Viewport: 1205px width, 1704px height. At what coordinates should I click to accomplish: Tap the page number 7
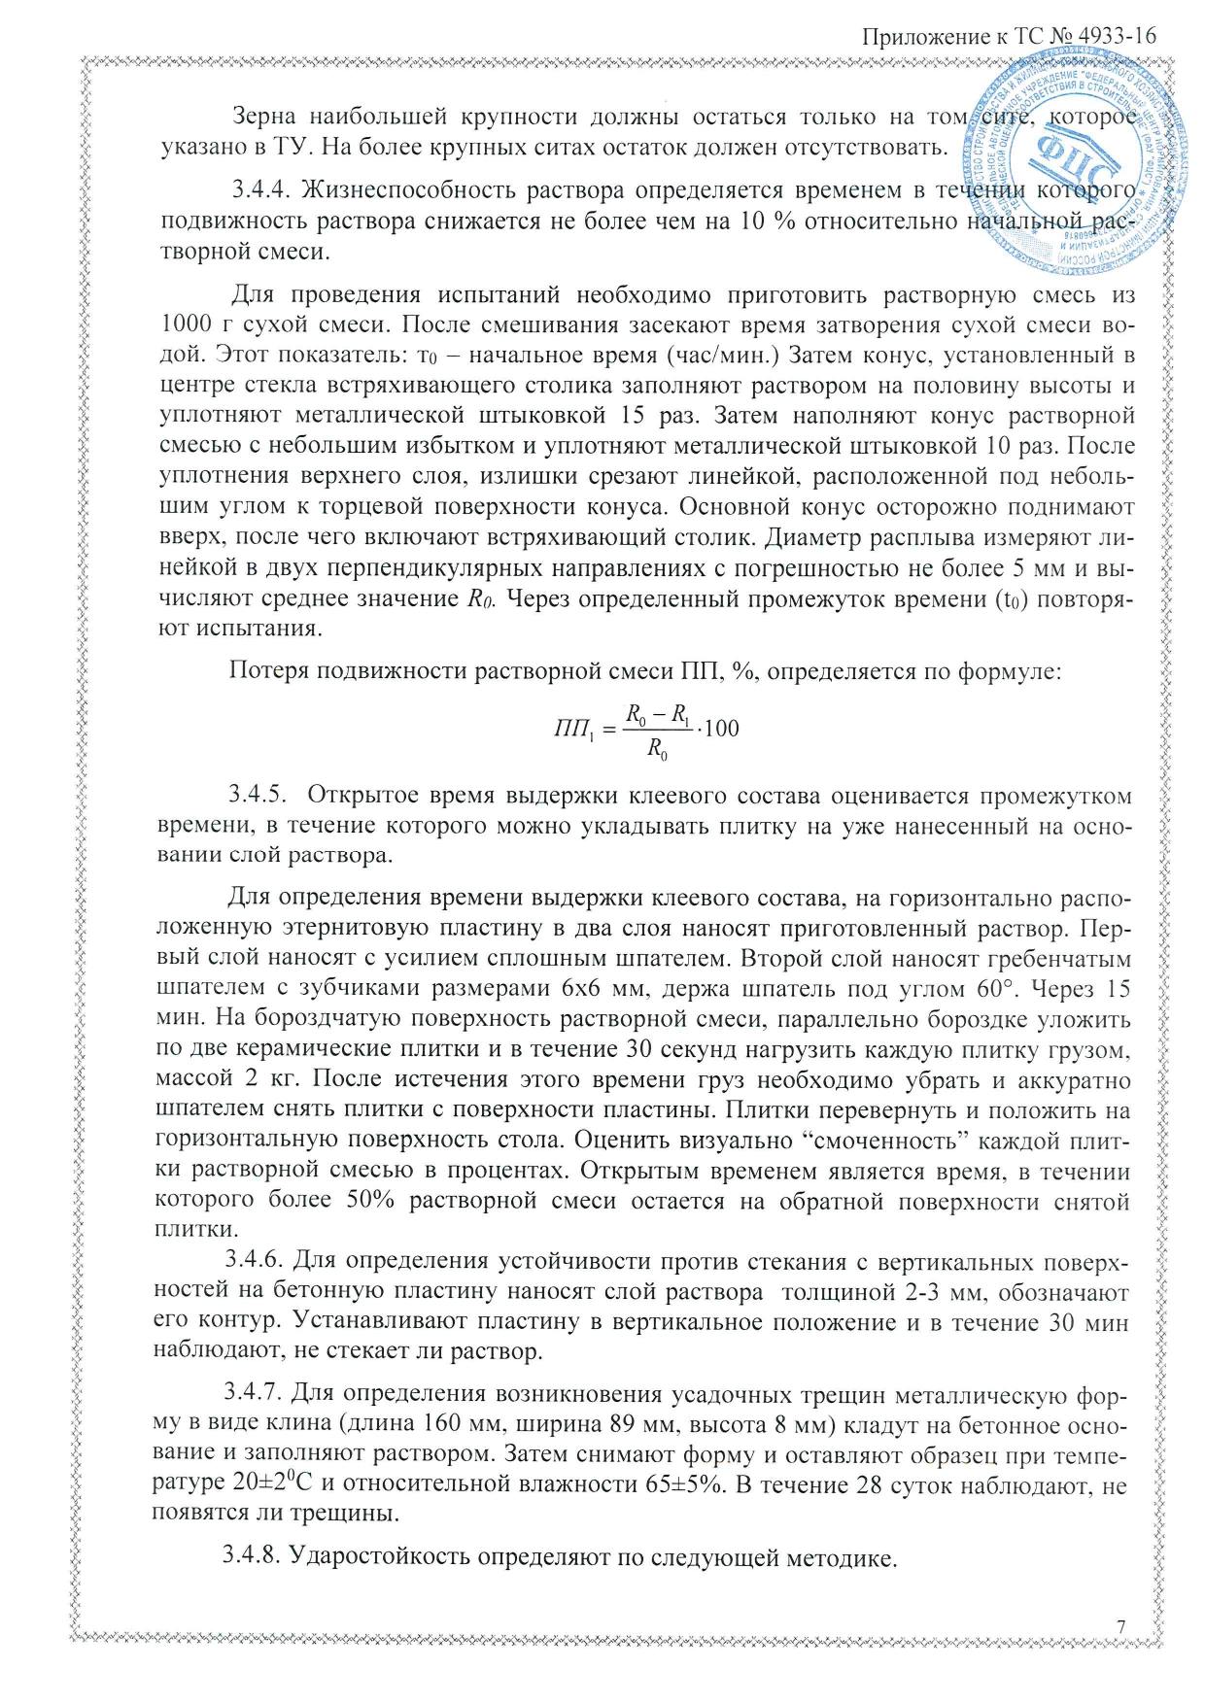pyautogui.click(x=1121, y=1626)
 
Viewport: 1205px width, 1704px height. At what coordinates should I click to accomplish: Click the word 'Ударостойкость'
pyautogui.click(x=399, y=1556)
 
